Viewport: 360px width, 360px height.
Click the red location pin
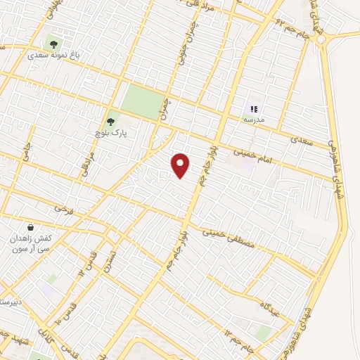pos(181,165)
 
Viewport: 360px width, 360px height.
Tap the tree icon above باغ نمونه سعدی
pos(53,44)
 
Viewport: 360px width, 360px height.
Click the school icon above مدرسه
pos(255,110)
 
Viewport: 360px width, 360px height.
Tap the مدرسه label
pos(255,120)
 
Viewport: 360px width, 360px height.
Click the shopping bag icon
pos(31,228)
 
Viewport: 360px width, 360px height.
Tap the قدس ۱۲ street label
pos(89,263)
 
